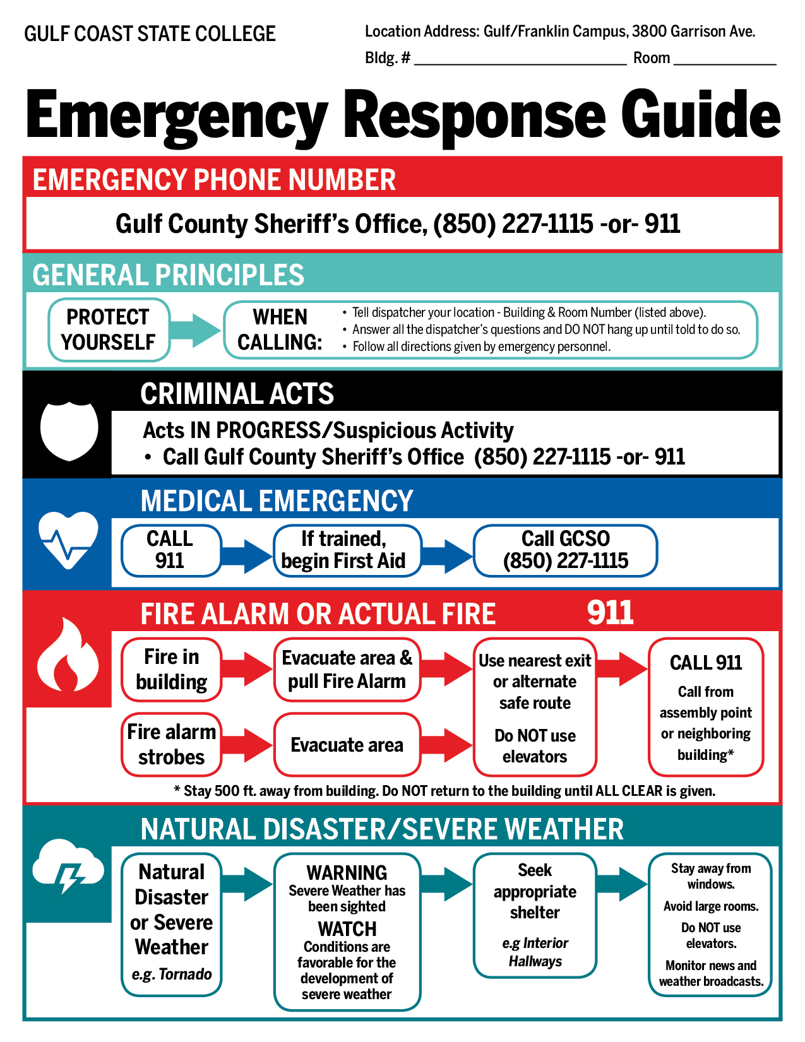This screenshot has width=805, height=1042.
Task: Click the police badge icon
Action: coord(69,429)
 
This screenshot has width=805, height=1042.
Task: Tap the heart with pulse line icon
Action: coord(68,540)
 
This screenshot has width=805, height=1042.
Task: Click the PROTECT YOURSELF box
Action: coord(109,329)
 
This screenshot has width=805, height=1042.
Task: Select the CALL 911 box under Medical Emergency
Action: coord(170,550)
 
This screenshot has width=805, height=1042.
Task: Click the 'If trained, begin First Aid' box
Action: coord(347,550)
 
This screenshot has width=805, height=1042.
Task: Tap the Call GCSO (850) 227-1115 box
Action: coord(565,550)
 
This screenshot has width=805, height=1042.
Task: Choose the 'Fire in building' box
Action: coord(171,670)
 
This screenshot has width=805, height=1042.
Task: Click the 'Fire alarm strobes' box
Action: coord(171,745)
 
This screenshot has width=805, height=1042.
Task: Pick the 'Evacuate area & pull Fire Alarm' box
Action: coord(347,670)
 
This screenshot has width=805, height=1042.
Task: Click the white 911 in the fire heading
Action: coord(610,612)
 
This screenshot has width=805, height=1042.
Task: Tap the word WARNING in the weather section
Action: coord(347,873)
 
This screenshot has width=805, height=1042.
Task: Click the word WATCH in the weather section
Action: coord(347,929)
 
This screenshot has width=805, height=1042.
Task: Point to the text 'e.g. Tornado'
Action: coord(171,974)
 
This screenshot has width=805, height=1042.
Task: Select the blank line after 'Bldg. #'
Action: coord(520,59)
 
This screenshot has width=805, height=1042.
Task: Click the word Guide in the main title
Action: coord(700,115)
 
